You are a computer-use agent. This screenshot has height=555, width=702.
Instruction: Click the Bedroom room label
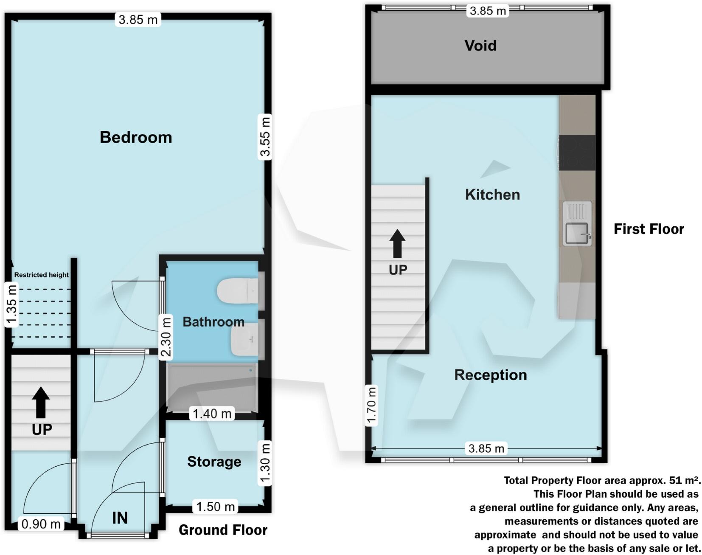(x=136, y=137)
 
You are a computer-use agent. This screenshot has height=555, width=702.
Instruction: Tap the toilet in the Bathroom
(x=238, y=291)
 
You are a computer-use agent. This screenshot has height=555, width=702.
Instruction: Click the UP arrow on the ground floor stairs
(x=41, y=402)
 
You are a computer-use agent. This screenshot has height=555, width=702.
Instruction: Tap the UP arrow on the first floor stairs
(x=397, y=244)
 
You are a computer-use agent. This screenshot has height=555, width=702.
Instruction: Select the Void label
(x=480, y=45)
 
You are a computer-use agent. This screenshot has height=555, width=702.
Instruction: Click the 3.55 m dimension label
(x=265, y=137)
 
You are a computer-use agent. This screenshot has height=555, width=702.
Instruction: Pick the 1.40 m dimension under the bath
(x=212, y=414)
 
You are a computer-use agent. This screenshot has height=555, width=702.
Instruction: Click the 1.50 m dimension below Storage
(x=215, y=507)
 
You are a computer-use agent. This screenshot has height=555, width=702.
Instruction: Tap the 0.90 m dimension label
(x=41, y=524)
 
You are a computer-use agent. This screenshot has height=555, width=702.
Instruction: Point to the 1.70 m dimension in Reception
(x=371, y=406)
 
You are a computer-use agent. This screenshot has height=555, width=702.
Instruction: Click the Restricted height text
(x=41, y=275)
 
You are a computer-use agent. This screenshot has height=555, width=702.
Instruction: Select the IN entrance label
(x=120, y=518)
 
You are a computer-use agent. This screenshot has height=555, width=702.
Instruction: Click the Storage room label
(x=214, y=462)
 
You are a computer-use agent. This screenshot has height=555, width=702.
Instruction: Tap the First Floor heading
(x=649, y=229)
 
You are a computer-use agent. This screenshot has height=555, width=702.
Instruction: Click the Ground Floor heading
(x=223, y=530)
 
